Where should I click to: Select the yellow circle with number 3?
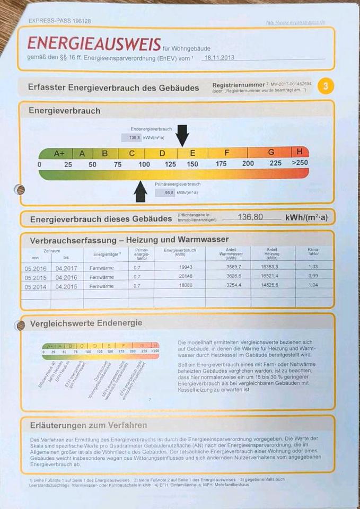click(326, 86)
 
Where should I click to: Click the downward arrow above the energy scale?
click(182, 135)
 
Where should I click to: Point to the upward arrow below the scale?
click(141, 191)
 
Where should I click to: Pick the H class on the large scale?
click(300, 152)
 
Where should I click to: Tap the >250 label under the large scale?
click(300, 163)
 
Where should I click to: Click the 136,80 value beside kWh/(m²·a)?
click(251, 217)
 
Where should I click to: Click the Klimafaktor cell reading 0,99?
click(313, 276)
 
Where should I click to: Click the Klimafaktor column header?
click(313, 252)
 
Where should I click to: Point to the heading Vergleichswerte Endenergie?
click(86, 323)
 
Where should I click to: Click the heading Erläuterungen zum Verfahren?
click(89, 425)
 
